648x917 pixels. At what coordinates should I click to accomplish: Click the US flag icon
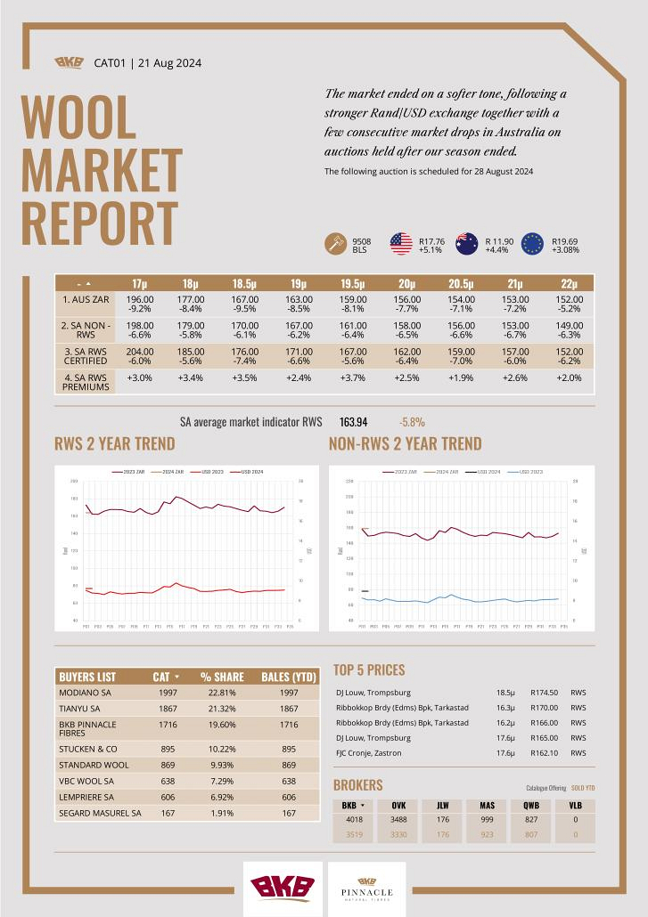pos(401,244)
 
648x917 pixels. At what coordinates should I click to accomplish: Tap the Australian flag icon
pos(467,244)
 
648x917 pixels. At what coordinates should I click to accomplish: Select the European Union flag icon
pos(533,244)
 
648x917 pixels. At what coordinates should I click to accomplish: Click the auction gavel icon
pos(335,244)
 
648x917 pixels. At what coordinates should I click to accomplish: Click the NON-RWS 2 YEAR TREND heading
pos(405,443)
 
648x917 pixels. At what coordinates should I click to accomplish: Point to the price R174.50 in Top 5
pos(545,692)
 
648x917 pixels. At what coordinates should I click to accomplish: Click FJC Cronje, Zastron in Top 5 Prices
pos(368,753)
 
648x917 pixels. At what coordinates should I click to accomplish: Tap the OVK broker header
pos(398,805)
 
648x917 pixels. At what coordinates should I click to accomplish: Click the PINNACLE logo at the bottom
pos(367,888)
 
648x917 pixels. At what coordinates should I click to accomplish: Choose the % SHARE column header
pos(222,677)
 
